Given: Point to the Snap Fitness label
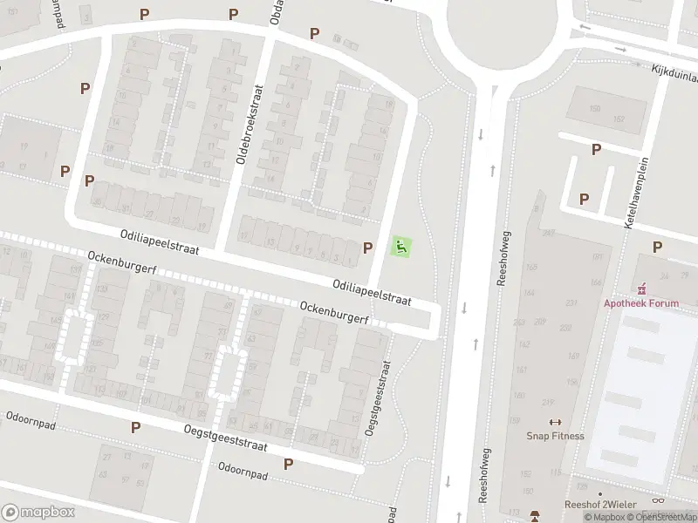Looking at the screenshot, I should [x=555, y=436].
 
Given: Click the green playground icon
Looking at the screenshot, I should [x=401, y=248].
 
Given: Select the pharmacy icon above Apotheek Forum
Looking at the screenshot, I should [x=644, y=287].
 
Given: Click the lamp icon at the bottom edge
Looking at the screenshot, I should [x=536, y=515].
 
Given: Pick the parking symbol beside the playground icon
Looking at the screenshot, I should [x=368, y=248].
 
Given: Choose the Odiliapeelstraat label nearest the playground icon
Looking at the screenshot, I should [x=371, y=292].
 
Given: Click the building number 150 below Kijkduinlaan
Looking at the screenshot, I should [x=596, y=109].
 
